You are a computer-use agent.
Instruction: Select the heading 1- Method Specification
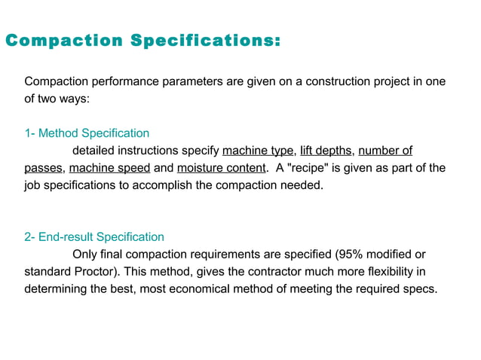click(x=87, y=133)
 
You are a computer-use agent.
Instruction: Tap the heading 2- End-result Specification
click(x=94, y=237)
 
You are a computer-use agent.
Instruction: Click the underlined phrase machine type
click(x=257, y=150)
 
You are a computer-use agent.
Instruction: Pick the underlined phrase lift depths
click(x=325, y=150)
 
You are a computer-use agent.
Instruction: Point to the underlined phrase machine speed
click(x=109, y=167)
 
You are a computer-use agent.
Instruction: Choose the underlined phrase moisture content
click(x=222, y=167)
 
